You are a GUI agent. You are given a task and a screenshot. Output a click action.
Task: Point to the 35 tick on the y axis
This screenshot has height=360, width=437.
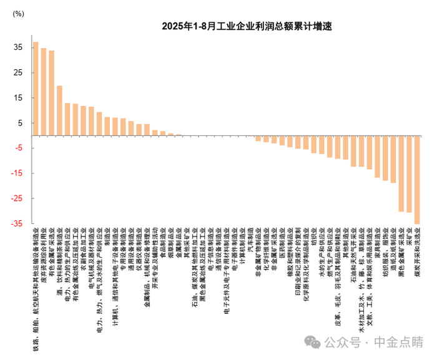tap(18, 47)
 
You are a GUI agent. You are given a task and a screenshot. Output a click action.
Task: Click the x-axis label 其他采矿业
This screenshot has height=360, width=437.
tap(187, 243)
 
